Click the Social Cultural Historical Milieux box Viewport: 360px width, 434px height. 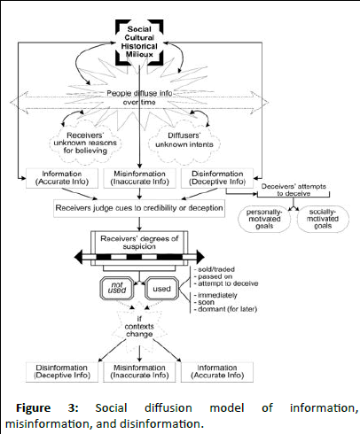(139, 42)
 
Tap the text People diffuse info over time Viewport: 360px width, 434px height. (139, 97)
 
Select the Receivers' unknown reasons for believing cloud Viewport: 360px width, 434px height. (85, 143)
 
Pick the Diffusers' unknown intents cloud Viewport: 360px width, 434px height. (184, 140)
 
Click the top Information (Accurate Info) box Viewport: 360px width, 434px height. (62, 178)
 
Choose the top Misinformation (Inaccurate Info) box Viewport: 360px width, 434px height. (139, 178)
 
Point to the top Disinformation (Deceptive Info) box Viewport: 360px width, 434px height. (217, 178)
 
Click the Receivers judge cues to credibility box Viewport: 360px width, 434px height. (139, 208)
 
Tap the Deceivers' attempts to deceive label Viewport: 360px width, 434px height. (293, 190)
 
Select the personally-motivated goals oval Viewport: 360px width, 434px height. (264, 219)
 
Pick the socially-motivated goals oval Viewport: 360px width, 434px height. (323, 219)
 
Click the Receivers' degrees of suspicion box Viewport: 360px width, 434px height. (139, 243)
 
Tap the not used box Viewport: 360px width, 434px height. (117, 288)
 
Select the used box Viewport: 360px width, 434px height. (162, 289)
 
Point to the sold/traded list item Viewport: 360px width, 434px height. (215, 269)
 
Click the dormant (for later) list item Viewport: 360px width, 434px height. (225, 309)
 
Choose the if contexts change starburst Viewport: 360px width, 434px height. (139, 327)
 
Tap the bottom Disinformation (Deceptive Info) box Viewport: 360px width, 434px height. (62, 372)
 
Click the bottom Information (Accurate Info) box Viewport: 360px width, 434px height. (217, 372)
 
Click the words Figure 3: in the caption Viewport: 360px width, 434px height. (47, 408)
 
